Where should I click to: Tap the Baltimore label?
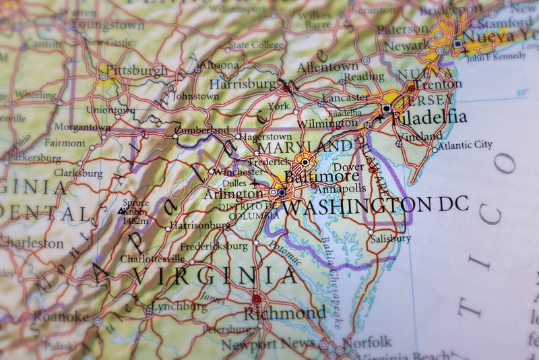click(x=321, y=176)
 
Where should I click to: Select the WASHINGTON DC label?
click(x=375, y=204)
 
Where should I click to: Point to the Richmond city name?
click(x=284, y=313)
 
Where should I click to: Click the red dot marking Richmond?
click(x=256, y=299)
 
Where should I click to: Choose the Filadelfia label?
click(x=429, y=117)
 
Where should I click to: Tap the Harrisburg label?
click(x=243, y=84)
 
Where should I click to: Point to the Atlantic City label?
click(x=465, y=144)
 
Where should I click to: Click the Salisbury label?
click(x=389, y=238)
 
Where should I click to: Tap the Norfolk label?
click(x=367, y=341)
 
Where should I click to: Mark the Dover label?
click(x=349, y=167)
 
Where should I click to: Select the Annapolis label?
click(x=341, y=189)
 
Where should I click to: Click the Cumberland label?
click(x=201, y=130)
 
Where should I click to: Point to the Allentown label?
click(x=328, y=67)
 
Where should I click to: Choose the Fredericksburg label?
click(x=214, y=246)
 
